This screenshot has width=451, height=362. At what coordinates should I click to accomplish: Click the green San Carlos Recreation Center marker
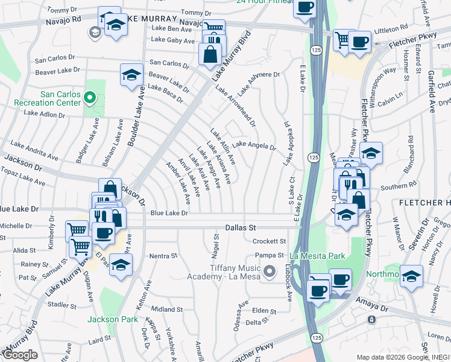click(x=90, y=97)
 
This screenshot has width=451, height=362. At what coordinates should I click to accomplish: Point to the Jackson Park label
click(x=109, y=319)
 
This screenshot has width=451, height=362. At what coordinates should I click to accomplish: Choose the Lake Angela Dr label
click(x=254, y=145)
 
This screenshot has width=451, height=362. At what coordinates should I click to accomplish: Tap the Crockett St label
click(x=268, y=241)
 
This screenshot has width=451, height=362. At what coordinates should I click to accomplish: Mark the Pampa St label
click(x=273, y=255)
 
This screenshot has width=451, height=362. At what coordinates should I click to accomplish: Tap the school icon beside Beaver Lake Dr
click(x=131, y=74)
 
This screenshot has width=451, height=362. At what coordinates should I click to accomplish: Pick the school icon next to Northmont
click(x=411, y=276)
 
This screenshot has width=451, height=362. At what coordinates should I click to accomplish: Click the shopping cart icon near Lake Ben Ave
click(x=213, y=28)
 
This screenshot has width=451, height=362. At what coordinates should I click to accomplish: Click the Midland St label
click(x=163, y=309)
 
